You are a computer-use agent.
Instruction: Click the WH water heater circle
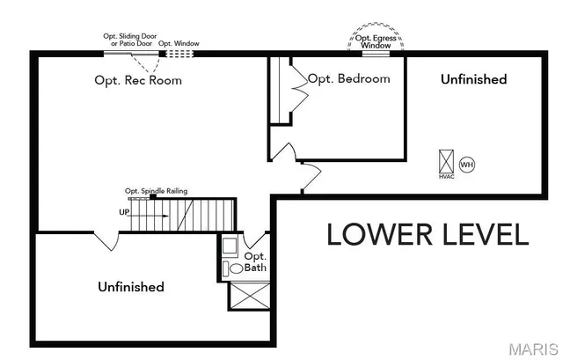[x=467, y=165]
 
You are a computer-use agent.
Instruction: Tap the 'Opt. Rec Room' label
[x=138, y=80]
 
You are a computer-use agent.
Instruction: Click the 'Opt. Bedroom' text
[x=348, y=78]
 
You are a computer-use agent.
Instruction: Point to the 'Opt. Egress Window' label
[x=376, y=41]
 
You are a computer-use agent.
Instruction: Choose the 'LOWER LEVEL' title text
[x=428, y=235]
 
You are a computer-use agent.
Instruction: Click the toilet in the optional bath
[x=235, y=268]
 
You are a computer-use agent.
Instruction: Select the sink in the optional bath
[x=229, y=246]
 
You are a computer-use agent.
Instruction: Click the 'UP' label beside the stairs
[x=124, y=212]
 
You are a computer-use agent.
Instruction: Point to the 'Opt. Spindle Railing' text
[x=156, y=191]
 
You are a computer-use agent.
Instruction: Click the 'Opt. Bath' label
[x=255, y=262]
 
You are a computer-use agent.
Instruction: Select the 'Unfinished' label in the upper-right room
[x=473, y=79]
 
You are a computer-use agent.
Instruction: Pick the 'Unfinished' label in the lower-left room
[x=131, y=287]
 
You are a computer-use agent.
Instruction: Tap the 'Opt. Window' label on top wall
[x=179, y=42]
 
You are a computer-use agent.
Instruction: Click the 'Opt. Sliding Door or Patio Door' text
[x=128, y=40]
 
